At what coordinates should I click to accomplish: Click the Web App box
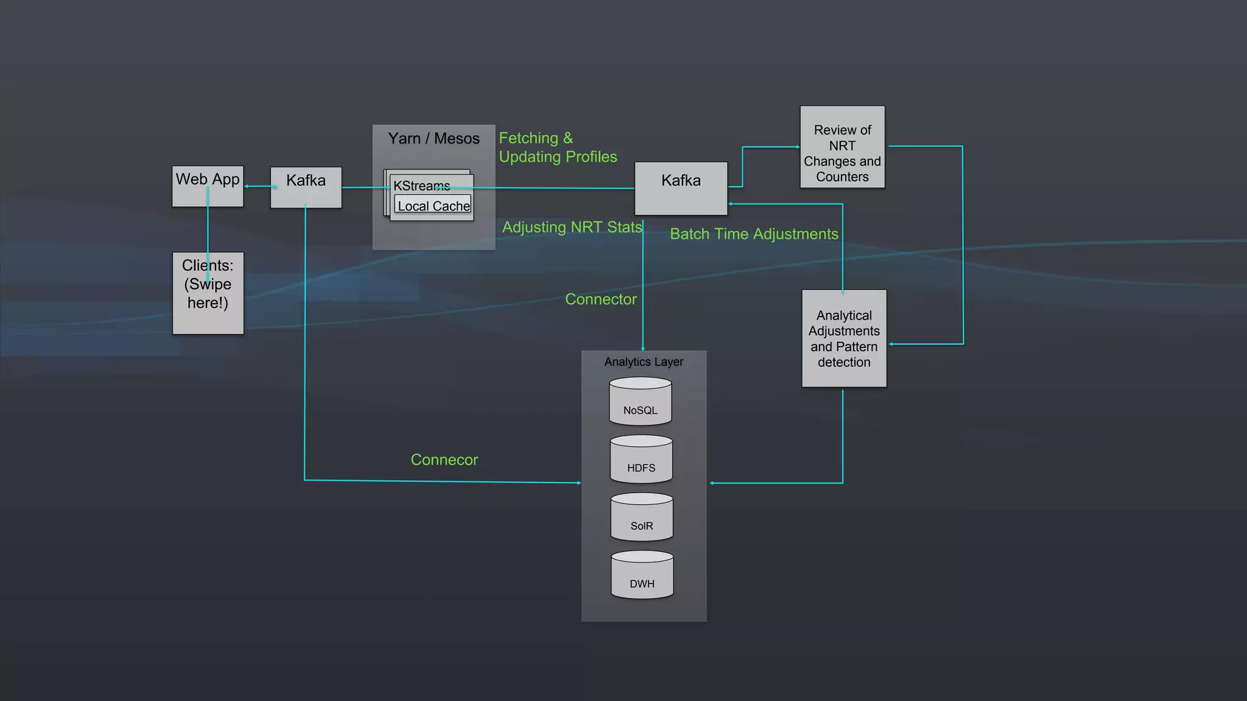point(208,186)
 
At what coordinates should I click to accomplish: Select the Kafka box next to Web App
point(306,187)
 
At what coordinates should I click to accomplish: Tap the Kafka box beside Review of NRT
point(681,188)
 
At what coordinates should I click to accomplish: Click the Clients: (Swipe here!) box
point(208,293)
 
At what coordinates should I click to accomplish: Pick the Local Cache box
point(434,206)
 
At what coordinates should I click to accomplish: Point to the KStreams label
point(421,186)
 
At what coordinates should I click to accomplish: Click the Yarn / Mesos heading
point(434,139)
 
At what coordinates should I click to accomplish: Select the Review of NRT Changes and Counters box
point(842,147)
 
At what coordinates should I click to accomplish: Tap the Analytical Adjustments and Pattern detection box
point(844,338)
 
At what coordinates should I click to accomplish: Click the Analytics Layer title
point(644,361)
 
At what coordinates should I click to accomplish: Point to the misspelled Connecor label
point(444,459)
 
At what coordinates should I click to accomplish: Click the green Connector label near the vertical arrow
point(600,299)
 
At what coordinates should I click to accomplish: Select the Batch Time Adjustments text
point(754,234)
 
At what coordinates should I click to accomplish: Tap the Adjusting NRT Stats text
point(572,227)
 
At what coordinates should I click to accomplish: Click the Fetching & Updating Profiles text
point(557,147)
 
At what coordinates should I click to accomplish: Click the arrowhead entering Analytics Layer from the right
point(712,483)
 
